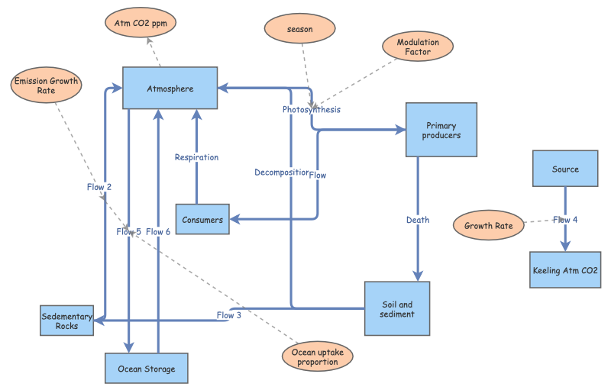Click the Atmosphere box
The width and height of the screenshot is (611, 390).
(x=170, y=89)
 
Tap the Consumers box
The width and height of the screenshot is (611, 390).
(x=202, y=220)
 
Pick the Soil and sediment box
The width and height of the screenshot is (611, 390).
(x=397, y=308)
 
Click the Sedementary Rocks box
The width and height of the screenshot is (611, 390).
(x=67, y=321)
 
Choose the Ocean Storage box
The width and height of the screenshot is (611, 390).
(x=146, y=369)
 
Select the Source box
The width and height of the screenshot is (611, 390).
(x=565, y=169)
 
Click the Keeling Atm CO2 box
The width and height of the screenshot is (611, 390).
(x=565, y=270)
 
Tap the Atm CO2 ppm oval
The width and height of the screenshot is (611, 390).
(x=141, y=22)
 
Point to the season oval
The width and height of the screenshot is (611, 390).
(x=300, y=29)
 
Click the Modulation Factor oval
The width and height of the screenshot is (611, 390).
(x=418, y=47)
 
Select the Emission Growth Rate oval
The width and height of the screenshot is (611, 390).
(x=46, y=85)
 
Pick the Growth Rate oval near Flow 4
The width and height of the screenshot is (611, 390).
(x=489, y=226)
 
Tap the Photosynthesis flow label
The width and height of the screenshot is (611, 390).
(x=311, y=110)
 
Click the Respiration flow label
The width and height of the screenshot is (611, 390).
(x=196, y=157)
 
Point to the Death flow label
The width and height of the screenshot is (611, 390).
(x=418, y=220)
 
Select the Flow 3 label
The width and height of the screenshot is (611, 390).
(x=228, y=315)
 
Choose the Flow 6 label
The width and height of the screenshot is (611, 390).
(x=158, y=231)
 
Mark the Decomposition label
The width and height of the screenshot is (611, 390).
(x=281, y=172)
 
